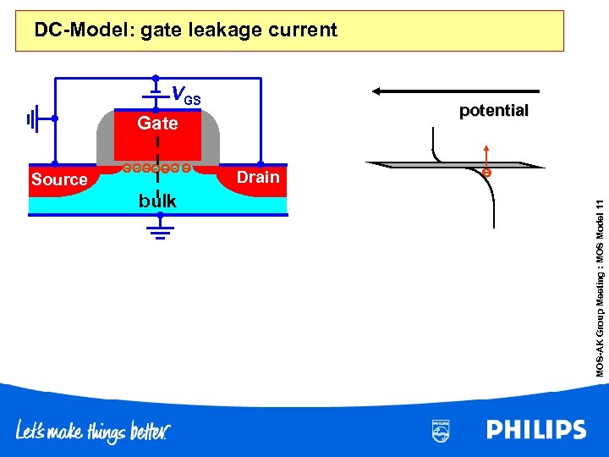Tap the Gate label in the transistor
[157, 124]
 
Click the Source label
[59, 179]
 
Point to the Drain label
[258, 177]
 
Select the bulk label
[157, 201]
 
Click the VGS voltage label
[185, 95]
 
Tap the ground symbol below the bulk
[157, 231]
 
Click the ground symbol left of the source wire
[34, 119]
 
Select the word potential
[493, 111]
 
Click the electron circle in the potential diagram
[486, 173]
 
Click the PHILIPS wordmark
[535, 430]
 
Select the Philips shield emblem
[441, 431]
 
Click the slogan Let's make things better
[93, 432]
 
